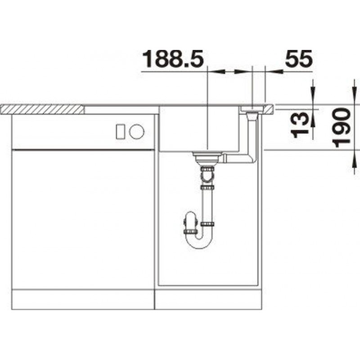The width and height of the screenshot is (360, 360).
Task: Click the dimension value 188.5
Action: coord(173,59)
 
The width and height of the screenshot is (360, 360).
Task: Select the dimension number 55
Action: coord(298,59)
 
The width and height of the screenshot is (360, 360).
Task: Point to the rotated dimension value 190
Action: coord(342,128)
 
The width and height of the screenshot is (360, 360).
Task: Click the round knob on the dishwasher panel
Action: coord(137,131)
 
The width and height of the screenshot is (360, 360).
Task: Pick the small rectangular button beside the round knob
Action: coord(120,131)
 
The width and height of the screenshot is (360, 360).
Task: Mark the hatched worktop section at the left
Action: coord(42,109)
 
